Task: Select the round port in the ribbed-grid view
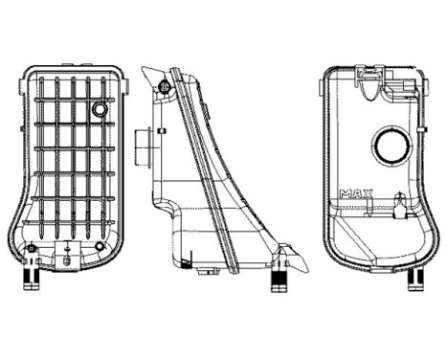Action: tap(101, 111)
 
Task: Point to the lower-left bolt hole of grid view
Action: tap(32, 250)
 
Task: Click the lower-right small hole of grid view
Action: tap(101, 247)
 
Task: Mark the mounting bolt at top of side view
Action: tap(167, 88)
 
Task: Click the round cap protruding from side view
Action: tap(145, 148)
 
